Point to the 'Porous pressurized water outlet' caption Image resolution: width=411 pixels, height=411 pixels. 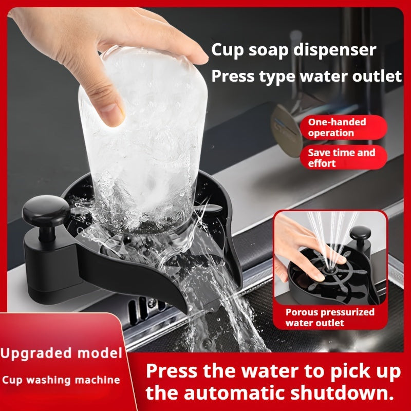[330, 317]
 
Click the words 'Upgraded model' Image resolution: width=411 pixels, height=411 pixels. [61, 354]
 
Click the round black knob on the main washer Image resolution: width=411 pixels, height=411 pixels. [46, 211]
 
